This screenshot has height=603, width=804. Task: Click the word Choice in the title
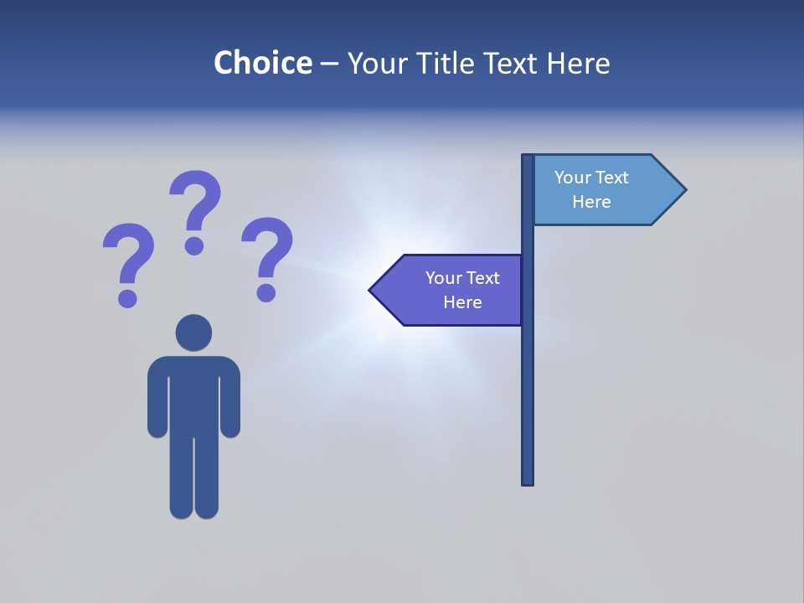point(262,63)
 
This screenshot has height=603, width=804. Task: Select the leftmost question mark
point(129,260)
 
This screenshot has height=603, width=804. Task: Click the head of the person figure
point(193,332)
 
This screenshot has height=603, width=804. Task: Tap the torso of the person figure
point(193,394)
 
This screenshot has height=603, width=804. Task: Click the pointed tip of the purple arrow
point(373,291)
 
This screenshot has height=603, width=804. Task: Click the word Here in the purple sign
point(462,302)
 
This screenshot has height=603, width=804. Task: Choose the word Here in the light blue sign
point(591,202)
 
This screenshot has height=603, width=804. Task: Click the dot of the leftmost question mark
point(127,297)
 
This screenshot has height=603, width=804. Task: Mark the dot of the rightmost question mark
point(265,291)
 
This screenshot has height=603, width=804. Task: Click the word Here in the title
point(578,63)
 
